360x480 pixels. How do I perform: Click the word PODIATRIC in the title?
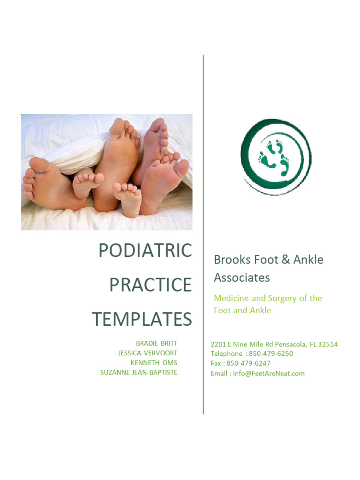145,251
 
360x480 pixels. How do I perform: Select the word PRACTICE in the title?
150,285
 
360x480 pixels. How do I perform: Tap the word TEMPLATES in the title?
142,319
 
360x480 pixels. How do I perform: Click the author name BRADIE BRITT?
157,344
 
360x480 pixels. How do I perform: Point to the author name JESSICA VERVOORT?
148,353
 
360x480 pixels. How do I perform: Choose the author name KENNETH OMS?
154,363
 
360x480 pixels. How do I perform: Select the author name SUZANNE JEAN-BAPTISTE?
139,373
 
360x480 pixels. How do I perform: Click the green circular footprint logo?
276,157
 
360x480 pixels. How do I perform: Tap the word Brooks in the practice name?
230,260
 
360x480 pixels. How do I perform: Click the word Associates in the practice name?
242,277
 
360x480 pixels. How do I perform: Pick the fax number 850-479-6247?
248,363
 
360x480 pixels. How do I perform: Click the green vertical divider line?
203,234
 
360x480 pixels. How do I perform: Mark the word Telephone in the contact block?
226,353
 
